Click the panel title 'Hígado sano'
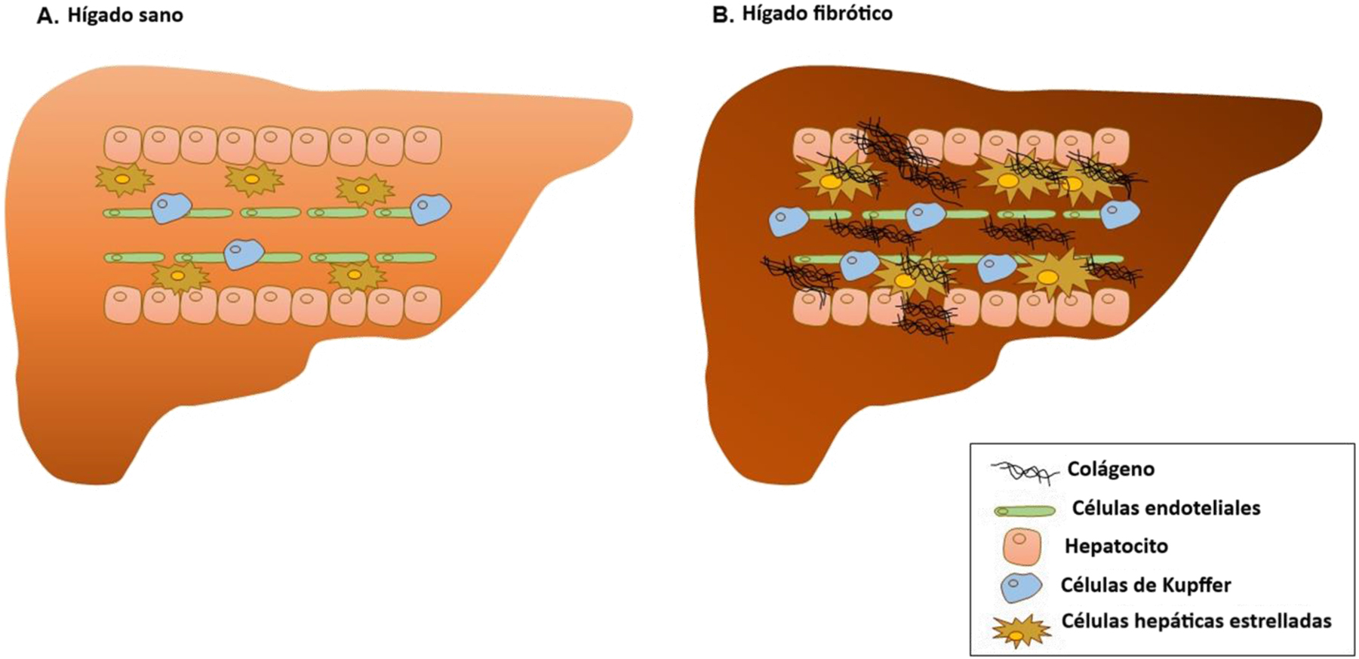125,15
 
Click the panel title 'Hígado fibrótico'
817,14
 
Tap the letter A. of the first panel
48,16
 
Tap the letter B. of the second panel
723,15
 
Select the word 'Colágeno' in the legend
1111,470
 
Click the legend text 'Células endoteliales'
1166,508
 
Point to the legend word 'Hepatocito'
1116,546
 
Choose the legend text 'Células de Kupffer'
1145,585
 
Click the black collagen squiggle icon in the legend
1025,473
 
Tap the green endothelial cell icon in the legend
1025,511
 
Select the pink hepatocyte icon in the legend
1022,547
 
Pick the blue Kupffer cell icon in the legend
1022,587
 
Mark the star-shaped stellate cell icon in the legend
1021,631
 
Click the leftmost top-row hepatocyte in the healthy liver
123,145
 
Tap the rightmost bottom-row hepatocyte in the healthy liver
423,305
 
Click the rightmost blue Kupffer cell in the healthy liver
430,208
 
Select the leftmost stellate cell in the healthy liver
125,180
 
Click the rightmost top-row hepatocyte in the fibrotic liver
1111,147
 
